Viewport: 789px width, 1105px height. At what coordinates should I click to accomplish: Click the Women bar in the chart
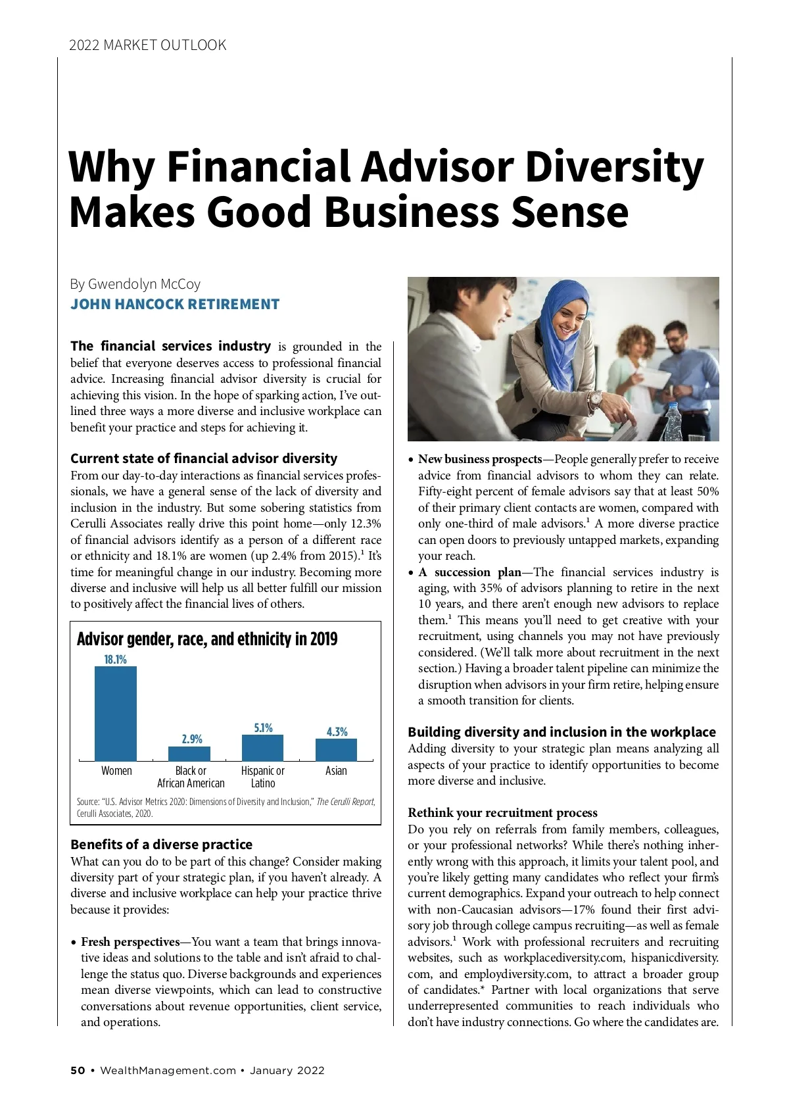tap(116, 713)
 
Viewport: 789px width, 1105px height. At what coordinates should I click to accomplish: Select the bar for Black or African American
tap(189, 754)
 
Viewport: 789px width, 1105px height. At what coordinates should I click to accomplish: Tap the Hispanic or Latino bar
tap(262, 748)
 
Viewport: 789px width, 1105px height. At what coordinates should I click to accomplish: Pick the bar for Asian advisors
tap(336, 750)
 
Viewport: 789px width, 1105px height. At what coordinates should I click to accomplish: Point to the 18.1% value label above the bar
tap(116, 659)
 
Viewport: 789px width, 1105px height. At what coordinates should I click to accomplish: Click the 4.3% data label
tap(337, 731)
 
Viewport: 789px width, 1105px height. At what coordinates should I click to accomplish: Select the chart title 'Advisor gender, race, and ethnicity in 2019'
tap(207, 639)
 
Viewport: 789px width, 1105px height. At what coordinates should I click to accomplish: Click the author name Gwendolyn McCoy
tap(144, 284)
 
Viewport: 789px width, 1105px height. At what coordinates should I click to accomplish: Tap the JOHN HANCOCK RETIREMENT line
tap(175, 305)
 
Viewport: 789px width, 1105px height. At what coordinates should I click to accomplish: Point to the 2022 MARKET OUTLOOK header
tap(147, 45)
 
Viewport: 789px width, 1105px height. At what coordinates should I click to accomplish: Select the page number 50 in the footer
tap(78, 1070)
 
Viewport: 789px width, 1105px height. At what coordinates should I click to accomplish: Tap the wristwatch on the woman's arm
tap(595, 399)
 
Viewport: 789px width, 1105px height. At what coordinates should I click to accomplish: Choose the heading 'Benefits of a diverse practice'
tap(161, 845)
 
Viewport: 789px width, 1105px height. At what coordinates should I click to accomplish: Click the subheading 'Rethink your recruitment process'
tap(502, 813)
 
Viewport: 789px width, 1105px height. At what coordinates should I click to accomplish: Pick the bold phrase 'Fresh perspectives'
tap(130, 942)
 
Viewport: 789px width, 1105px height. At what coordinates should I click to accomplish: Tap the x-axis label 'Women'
tap(116, 771)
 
